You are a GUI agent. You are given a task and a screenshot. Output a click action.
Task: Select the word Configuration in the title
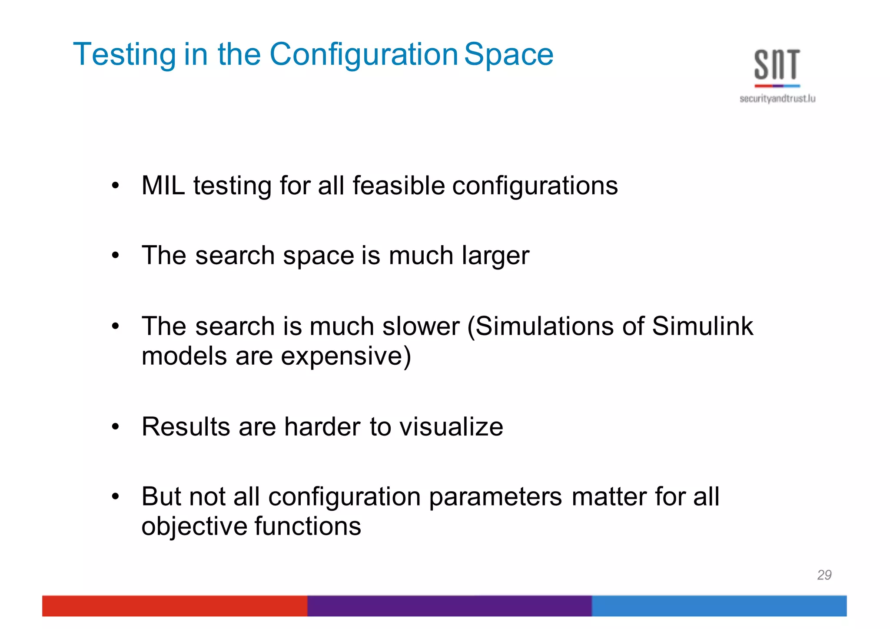click(363, 55)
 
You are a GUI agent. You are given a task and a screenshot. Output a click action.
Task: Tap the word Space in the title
click(509, 55)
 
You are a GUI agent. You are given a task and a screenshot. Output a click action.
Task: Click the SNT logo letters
click(777, 65)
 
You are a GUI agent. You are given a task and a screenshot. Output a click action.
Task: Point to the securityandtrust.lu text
click(777, 99)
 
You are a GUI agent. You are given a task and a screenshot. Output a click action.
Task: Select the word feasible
click(399, 186)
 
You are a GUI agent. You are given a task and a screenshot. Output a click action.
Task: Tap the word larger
click(495, 256)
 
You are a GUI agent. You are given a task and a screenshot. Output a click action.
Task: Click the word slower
click(420, 326)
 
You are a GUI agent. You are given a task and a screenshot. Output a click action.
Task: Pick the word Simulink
click(702, 326)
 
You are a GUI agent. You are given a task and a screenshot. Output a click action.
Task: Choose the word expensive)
click(345, 356)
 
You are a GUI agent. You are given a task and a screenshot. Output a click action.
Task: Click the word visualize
click(451, 426)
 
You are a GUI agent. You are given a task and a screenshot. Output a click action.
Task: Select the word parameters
click(495, 496)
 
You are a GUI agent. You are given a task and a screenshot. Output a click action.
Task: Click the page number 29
click(824, 575)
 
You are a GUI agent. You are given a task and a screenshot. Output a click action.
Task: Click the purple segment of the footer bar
click(449, 606)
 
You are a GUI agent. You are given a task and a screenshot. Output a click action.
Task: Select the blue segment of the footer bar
click(719, 606)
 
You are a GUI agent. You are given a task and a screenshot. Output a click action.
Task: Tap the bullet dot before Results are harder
click(115, 426)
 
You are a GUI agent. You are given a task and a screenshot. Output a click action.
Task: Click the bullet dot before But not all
click(115, 496)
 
